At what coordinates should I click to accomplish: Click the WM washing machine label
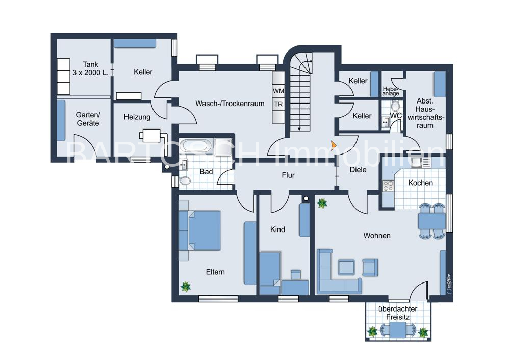tap(278, 91)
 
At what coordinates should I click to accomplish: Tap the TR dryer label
tap(278, 104)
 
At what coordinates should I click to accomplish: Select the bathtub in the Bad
tap(196, 145)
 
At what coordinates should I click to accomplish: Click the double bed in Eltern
tap(200, 230)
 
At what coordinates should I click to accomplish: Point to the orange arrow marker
tap(334, 145)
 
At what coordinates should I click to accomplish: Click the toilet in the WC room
tap(395, 106)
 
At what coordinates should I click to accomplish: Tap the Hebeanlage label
tap(390, 91)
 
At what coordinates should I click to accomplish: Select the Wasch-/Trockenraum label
tap(230, 104)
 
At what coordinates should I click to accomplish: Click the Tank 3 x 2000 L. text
tap(91, 68)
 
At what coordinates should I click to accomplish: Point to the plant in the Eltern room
tap(186, 286)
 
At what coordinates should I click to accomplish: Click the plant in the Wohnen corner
tap(322, 203)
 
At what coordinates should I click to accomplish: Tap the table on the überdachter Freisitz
tap(398, 329)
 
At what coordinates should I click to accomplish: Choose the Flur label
tap(288, 175)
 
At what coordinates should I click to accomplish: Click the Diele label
tap(358, 169)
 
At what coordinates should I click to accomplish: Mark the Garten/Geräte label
tap(88, 119)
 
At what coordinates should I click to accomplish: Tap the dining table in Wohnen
tap(432, 221)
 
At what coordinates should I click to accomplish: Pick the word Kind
tap(277, 229)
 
